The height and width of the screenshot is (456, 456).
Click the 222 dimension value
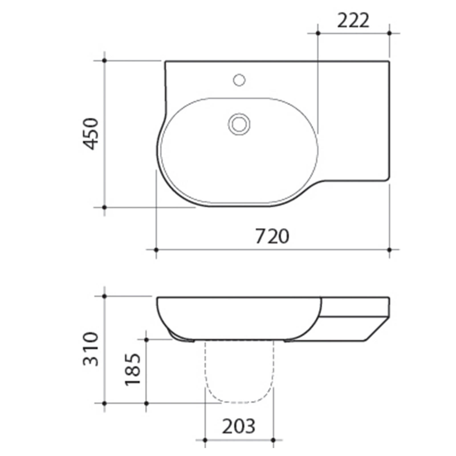[353, 21]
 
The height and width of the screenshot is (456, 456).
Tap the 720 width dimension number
[272, 236]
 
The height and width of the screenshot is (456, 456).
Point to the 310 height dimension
[91, 349]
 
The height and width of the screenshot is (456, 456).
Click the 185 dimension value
[133, 370]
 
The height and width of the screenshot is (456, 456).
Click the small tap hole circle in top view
[239, 80]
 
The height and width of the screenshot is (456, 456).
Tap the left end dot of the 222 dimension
[318, 33]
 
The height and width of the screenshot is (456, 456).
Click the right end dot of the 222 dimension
[390, 33]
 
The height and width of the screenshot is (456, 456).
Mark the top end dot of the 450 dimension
[104, 60]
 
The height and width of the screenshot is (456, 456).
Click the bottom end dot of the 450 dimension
[104, 207]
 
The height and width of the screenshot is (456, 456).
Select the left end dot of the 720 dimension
[156, 250]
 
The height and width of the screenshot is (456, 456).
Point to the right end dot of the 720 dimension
[390, 250]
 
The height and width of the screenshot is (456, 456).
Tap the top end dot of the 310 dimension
[104, 296]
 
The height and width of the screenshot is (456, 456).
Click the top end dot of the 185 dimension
[146, 340]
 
